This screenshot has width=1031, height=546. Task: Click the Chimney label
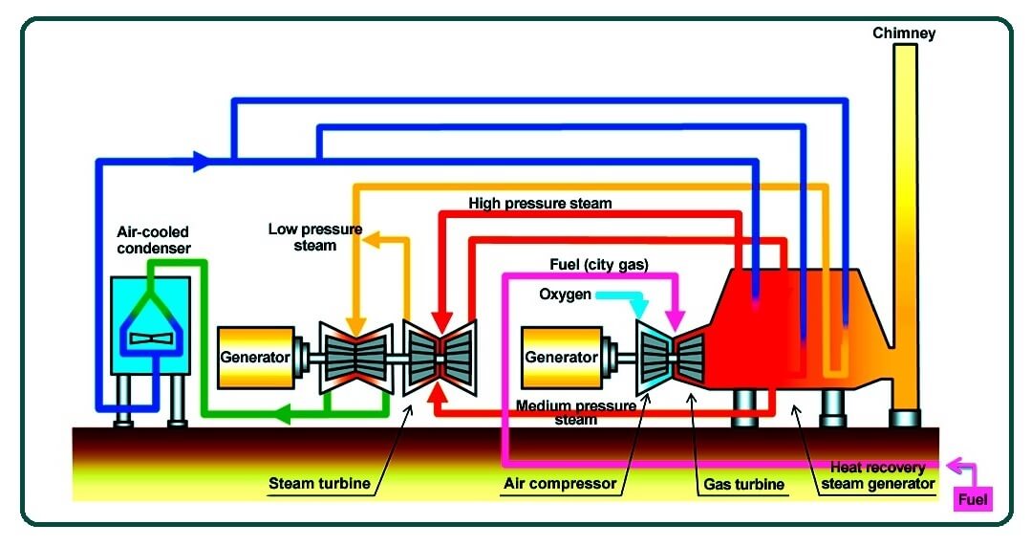pos(903,33)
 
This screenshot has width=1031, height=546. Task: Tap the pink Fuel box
pos(974,498)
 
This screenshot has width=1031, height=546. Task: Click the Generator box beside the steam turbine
pos(255,357)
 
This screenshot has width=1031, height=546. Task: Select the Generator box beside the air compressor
pos(561,357)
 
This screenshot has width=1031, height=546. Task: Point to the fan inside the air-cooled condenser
pos(152,338)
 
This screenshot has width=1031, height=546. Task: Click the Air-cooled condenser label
pos(153,240)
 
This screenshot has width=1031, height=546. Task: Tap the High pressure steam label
pos(540,204)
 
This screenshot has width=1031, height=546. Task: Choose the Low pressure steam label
pos(302,237)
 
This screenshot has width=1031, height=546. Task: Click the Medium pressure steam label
pos(576,412)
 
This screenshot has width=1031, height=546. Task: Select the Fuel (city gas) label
pos(599,264)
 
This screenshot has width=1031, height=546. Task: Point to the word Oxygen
pos(565,294)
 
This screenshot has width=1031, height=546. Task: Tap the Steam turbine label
pos(318,484)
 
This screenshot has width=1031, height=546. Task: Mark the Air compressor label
pos(560,484)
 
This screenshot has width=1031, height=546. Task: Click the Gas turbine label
pos(744,484)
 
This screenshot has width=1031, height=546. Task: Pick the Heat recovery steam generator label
pos(877,475)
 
